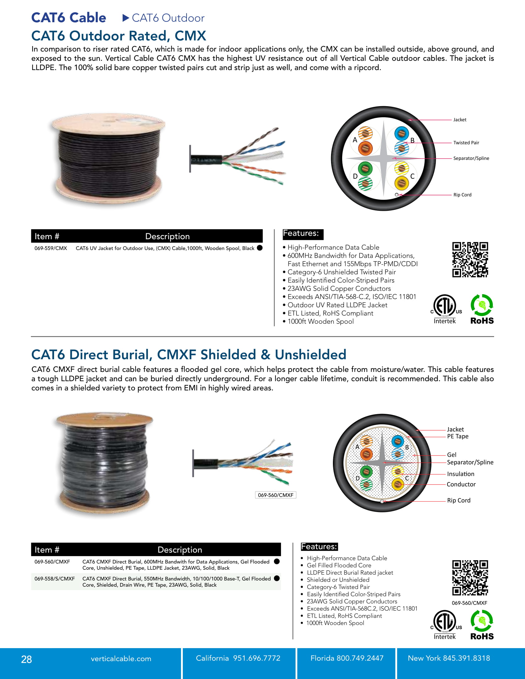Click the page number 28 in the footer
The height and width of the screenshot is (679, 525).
point(27,659)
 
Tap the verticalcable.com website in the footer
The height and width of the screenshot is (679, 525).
point(121,659)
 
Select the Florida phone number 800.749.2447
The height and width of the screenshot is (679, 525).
point(347,658)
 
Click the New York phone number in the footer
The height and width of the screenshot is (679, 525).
point(448,658)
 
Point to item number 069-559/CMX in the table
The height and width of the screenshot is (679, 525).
point(51,248)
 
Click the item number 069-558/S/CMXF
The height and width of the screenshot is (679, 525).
point(55,579)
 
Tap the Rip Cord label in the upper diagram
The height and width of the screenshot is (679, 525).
point(462,195)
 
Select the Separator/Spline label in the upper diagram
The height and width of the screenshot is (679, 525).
point(471,158)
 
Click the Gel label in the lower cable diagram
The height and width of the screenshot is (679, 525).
point(451,455)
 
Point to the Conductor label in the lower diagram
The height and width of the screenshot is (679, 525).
point(461,484)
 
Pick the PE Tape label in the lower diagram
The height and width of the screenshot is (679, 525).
point(457,436)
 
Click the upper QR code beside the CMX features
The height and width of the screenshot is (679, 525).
point(470,260)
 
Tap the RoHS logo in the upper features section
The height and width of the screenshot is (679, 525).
point(482,309)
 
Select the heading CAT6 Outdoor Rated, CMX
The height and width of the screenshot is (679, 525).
point(119,36)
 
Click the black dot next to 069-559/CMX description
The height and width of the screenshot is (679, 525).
point(260,248)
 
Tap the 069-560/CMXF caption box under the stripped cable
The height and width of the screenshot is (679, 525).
point(275,495)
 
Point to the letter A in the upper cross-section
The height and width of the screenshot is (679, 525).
point(355,140)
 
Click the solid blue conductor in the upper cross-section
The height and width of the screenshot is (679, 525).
point(401,133)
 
